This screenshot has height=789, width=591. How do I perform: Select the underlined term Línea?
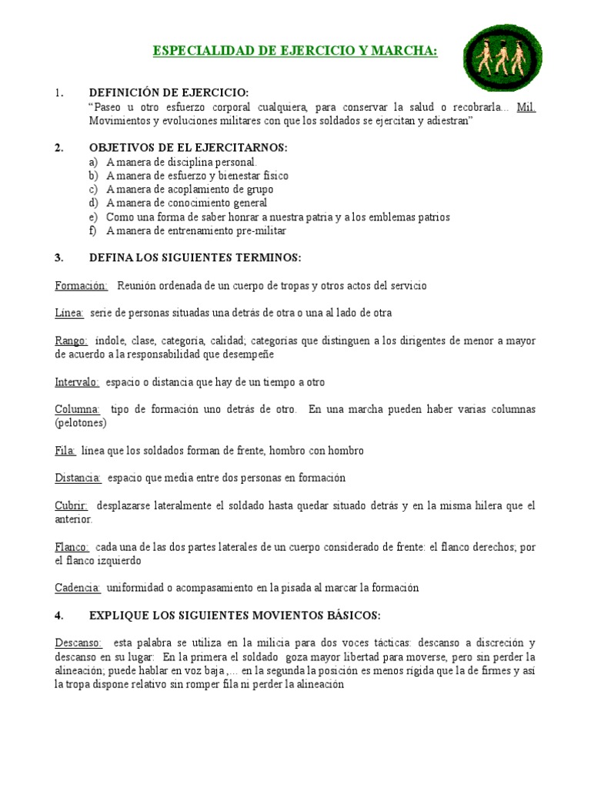click(x=69, y=313)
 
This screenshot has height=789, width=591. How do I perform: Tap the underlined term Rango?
click(x=72, y=341)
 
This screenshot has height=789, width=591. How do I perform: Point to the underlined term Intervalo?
click(x=77, y=381)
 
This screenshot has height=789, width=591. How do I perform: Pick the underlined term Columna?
click(x=78, y=409)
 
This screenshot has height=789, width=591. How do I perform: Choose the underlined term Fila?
click(x=65, y=450)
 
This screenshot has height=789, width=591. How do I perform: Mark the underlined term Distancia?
click(x=78, y=478)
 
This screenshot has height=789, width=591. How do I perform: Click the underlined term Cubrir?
click(x=72, y=505)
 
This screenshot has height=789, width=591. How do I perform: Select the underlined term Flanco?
click(x=72, y=546)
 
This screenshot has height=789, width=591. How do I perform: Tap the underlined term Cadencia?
click(x=78, y=588)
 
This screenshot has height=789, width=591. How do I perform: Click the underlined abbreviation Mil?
click(x=526, y=107)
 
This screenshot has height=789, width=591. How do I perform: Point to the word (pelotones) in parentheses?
click(x=81, y=423)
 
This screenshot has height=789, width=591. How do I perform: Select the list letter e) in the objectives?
click(x=93, y=217)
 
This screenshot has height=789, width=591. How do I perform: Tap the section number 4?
click(x=58, y=616)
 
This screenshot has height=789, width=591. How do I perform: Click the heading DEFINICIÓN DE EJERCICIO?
click(x=169, y=93)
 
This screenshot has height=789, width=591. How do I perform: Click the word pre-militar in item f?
click(x=258, y=230)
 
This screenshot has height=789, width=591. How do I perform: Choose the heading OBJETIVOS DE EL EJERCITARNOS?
click(x=189, y=148)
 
